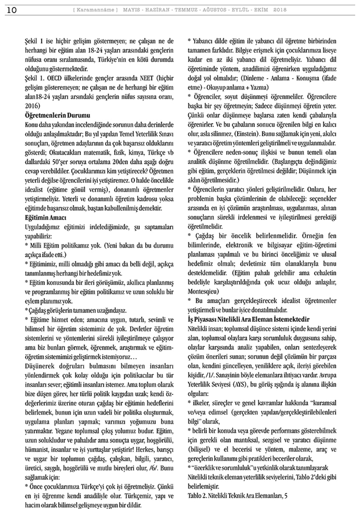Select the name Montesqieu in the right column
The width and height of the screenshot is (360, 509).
[x=205, y=291]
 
